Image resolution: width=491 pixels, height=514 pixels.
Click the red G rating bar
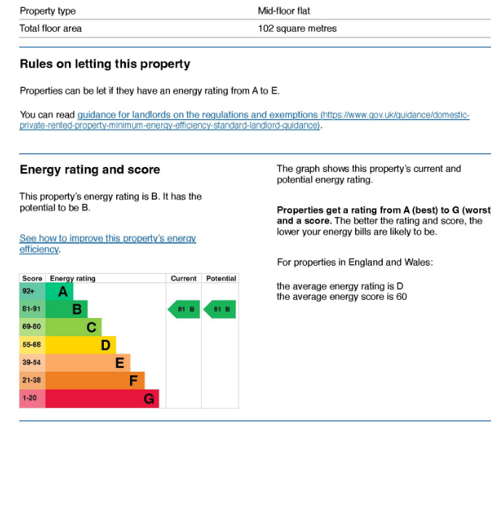[x=102, y=399]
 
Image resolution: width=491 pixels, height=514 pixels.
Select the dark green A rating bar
[x=60, y=292]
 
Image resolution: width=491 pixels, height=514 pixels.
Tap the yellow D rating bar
[x=81, y=345]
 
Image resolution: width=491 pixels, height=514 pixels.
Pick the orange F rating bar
[x=95, y=380]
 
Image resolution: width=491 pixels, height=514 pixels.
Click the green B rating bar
[x=67, y=309]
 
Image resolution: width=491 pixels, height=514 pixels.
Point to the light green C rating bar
[x=73, y=327]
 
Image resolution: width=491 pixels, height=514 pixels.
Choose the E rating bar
[x=88, y=363]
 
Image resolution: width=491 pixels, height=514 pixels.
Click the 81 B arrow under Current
[x=184, y=310]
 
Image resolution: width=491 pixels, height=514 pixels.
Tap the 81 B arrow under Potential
[x=219, y=310]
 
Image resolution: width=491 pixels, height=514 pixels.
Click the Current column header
[x=184, y=278]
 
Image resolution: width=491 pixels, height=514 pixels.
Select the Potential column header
[x=221, y=278]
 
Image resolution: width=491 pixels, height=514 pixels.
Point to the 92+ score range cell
[x=32, y=292]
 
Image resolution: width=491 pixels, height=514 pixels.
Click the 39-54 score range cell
[x=32, y=363]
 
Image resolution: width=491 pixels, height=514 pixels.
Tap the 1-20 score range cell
[x=32, y=399]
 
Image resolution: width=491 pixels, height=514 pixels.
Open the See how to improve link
[x=107, y=239]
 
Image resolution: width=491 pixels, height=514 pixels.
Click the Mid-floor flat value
[x=284, y=11]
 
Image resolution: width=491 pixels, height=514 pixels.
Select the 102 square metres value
[x=297, y=28]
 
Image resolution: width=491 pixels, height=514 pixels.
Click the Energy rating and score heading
[x=90, y=170]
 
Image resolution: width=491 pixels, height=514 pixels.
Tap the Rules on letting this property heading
[x=105, y=64]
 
